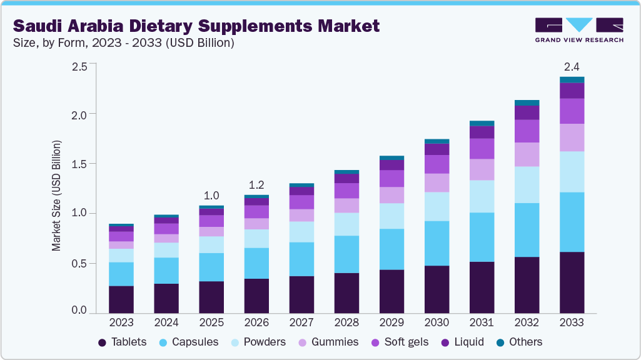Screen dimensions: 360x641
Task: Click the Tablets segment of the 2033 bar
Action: (x=572, y=282)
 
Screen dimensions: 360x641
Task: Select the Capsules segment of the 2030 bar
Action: (x=437, y=243)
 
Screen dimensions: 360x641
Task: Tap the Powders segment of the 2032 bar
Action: (x=527, y=184)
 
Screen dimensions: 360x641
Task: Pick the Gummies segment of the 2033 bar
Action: (x=572, y=137)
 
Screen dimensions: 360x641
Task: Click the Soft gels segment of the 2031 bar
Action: (x=482, y=148)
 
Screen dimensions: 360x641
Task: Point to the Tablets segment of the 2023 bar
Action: (x=121, y=299)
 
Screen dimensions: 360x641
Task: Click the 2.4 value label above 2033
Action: (x=572, y=67)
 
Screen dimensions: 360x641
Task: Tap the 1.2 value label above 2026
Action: (x=256, y=185)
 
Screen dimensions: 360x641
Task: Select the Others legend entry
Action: (x=518, y=342)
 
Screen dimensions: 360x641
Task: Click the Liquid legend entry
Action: (x=463, y=342)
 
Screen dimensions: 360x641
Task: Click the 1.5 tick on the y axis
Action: (x=79, y=164)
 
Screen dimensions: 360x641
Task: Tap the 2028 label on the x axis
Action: (x=346, y=322)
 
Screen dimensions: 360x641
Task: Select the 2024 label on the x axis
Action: (x=166, y=322)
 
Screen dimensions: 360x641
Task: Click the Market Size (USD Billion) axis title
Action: (x=56, y=196)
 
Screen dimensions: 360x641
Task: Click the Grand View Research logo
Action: (x=579, y=29)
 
